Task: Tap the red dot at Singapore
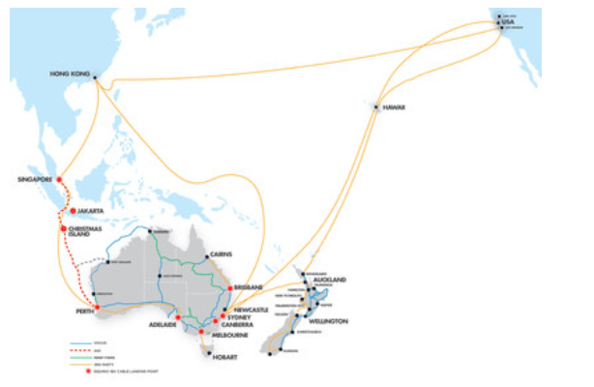point(58,179)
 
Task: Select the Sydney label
point(241,316)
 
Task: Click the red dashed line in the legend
point(79,350)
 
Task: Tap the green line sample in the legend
point(79,357)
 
